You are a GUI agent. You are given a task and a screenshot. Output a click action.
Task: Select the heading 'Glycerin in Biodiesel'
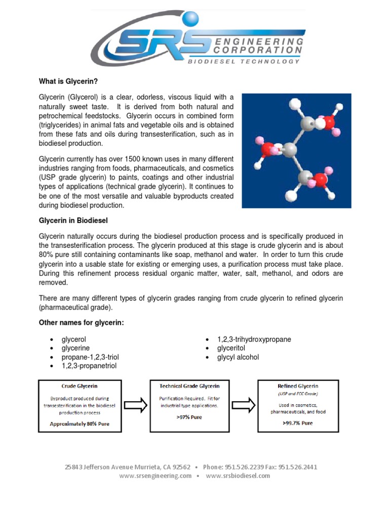point(73,221)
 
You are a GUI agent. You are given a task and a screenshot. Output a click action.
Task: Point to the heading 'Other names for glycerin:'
point(81,323)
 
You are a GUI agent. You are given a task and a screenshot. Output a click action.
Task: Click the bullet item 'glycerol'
point(77,339)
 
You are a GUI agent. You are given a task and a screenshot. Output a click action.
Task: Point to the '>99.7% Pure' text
point(297,423)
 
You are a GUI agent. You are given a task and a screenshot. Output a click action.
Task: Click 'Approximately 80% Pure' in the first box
point(80,423)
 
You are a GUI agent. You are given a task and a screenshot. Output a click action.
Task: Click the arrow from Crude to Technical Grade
point(135,405)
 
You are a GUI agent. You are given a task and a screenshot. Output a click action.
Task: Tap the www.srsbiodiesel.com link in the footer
point(237,476)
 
